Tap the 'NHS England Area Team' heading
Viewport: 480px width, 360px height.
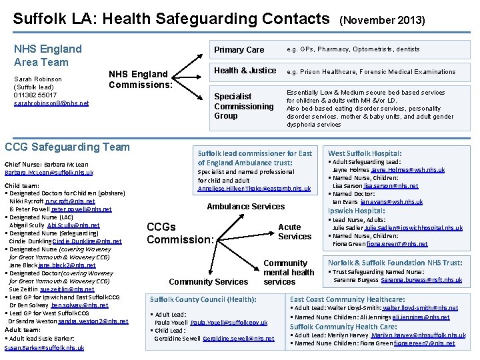pos(48,55)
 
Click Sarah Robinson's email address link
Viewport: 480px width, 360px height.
pos(51,103)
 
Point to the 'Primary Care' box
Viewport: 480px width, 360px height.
pos(239,50)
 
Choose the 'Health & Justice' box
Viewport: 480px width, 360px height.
pos(245,71)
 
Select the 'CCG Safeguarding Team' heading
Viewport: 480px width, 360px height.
pos(67,147)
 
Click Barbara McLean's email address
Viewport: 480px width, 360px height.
pos(49,172)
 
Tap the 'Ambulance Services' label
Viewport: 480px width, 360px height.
pos(245,207)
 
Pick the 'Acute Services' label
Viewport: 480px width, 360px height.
pos(295,231)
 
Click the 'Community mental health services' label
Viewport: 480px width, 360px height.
pos(289,272)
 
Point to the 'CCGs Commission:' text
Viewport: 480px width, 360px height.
pos(179,233)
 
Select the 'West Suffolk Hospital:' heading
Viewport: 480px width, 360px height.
pos(365,153)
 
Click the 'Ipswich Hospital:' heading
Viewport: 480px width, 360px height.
pos(357,211)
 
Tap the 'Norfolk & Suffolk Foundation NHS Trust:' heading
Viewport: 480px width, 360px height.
pos(395,263)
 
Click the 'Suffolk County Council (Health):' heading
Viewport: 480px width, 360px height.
pos(203,299)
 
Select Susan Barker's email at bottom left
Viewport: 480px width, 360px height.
pos(44,348)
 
